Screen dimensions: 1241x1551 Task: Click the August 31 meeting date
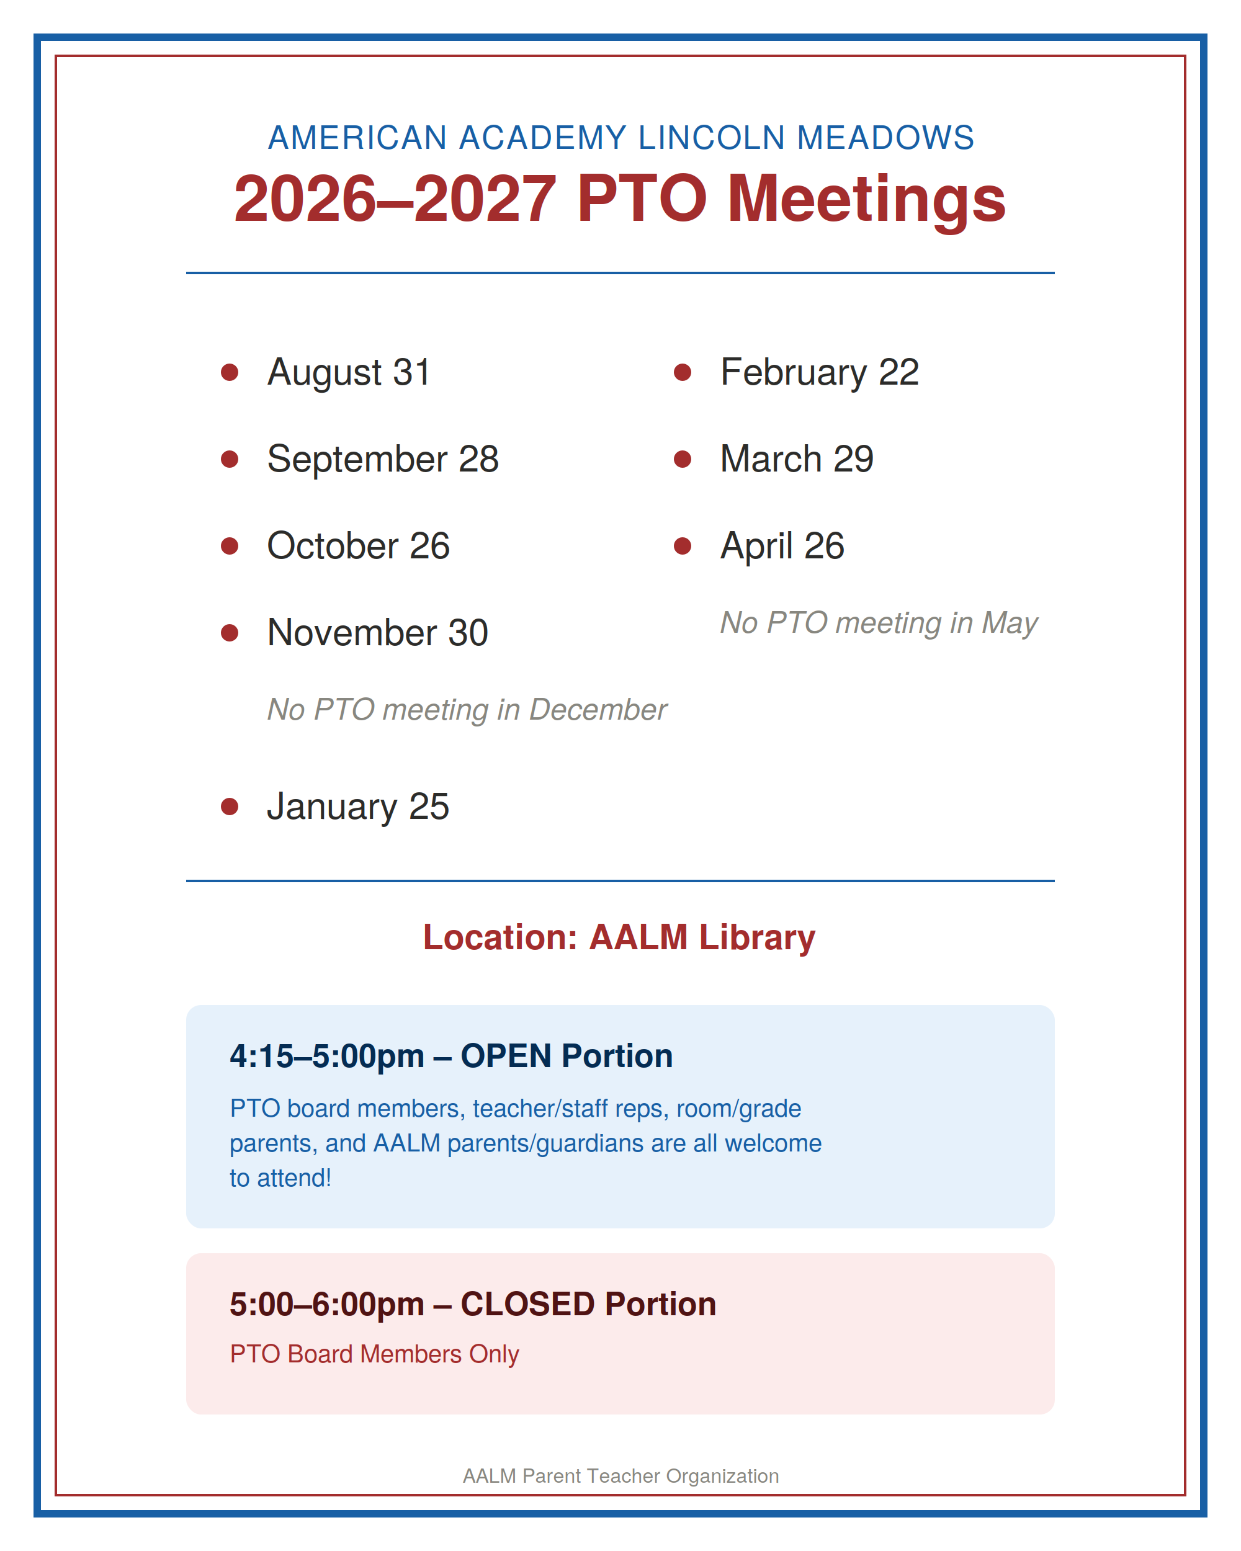pos(349,373)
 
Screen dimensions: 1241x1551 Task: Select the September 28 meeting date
pos(383,460)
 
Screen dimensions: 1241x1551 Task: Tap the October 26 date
pos(358,546)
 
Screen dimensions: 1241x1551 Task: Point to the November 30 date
pos(378,633)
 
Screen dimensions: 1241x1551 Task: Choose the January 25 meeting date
pos(358,807)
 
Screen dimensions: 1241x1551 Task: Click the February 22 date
pos(820,373)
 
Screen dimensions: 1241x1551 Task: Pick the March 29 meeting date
pos(797,459)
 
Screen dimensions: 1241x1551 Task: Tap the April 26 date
pos(782,547)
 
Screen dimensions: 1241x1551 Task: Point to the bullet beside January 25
pos(230,807)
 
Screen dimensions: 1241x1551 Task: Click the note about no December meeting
pos(467,710)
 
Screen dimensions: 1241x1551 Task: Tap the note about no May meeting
pos(879,624)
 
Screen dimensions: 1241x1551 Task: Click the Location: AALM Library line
pos(619,937)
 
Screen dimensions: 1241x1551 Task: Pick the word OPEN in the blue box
pos(506,1056)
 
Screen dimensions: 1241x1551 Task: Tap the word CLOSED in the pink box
pos(527,1304)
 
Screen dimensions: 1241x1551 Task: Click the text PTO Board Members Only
pos(374,1354)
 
